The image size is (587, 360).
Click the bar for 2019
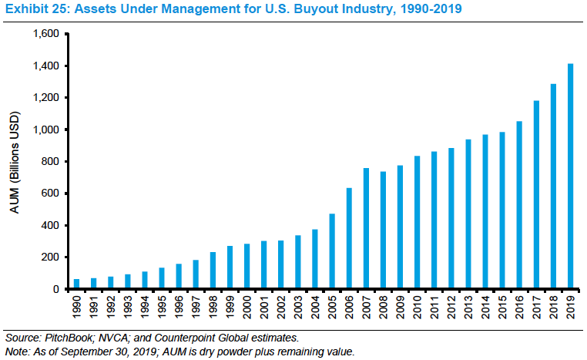click(x=571, y=177)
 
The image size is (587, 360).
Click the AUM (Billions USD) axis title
click(x=15, y=161)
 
